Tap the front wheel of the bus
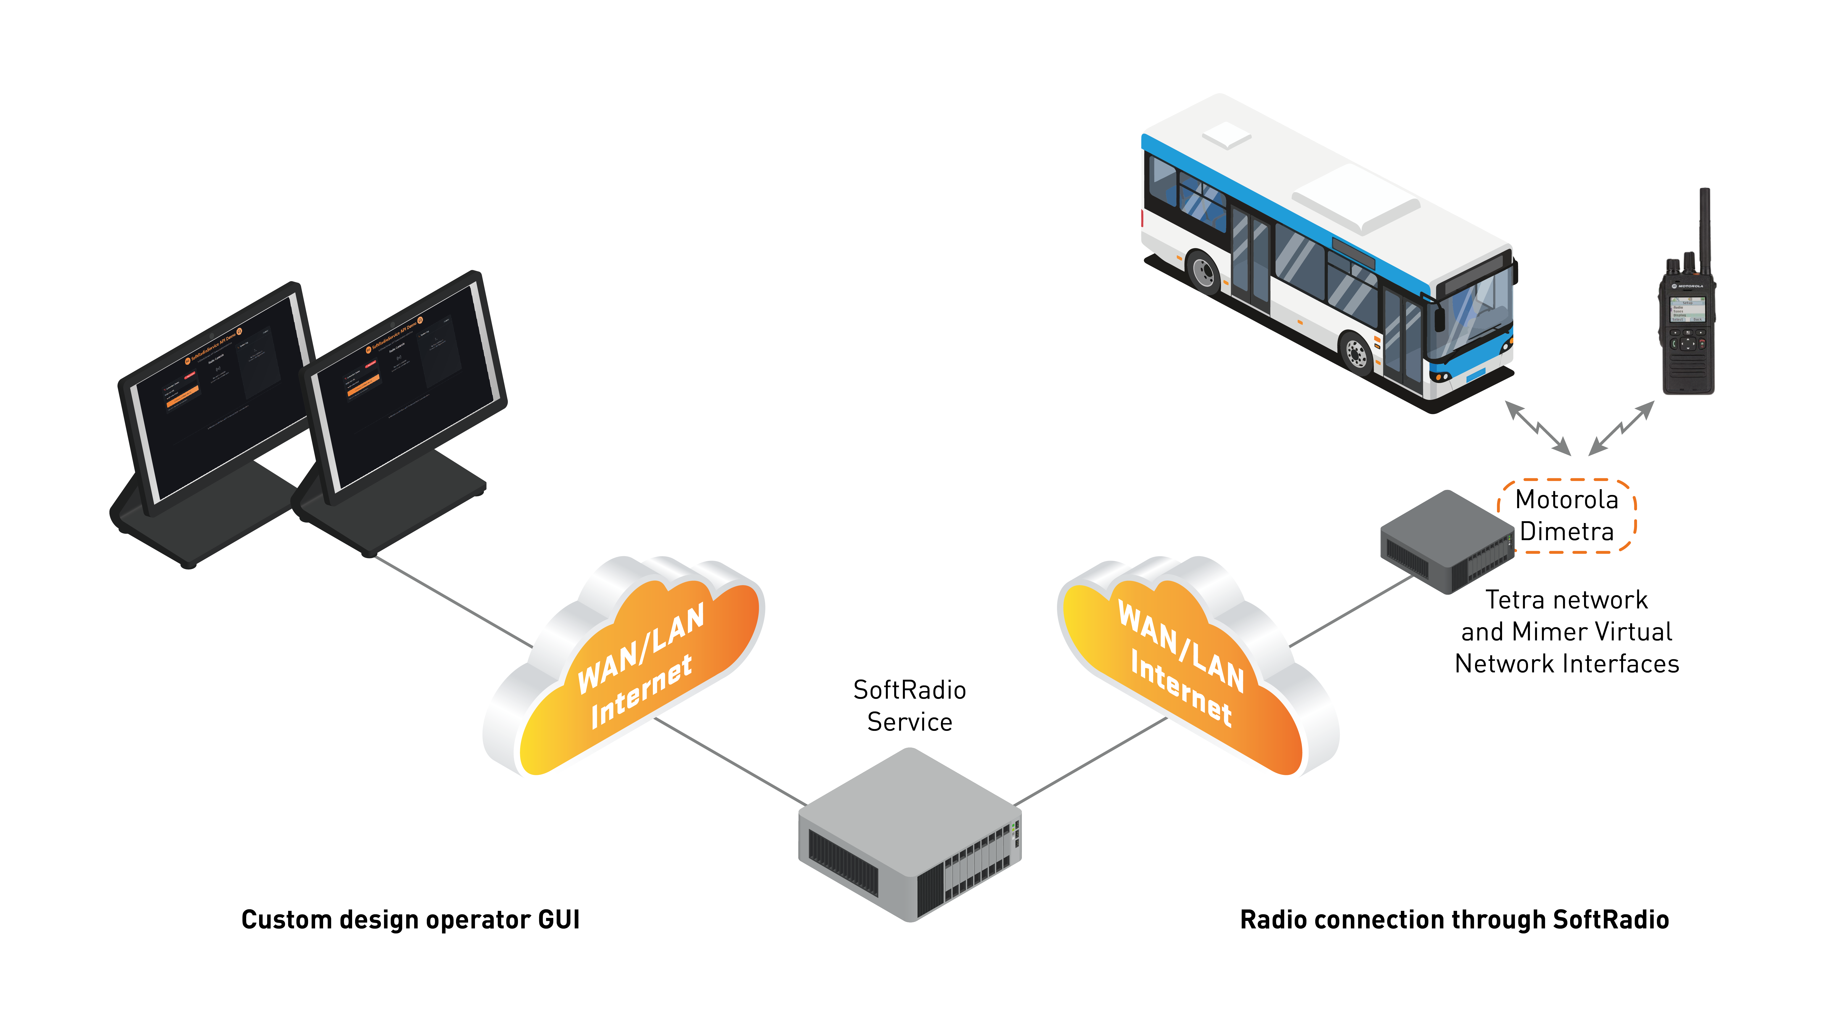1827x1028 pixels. coord(1356,353)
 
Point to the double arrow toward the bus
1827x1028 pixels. coord(1538,428)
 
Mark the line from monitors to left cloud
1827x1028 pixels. coord(454,602)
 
